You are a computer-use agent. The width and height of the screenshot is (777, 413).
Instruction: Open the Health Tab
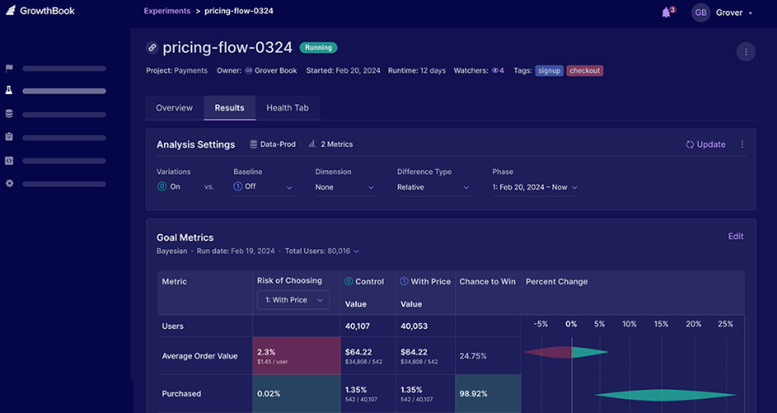coord(287,108)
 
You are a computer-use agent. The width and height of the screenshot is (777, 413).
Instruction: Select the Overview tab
coord(174,108)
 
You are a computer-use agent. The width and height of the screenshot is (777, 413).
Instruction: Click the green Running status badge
coord(319,47)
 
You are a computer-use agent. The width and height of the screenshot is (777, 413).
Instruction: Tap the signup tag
coord(549,71)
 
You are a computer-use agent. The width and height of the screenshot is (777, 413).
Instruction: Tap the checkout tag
coord(584,71)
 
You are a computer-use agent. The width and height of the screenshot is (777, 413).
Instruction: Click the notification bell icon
coord(666,12)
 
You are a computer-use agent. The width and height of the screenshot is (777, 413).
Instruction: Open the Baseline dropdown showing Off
coord(263,187)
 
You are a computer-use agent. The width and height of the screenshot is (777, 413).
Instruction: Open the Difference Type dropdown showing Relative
coord(433,187)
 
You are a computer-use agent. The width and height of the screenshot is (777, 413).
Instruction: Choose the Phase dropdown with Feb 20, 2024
coord(535,187)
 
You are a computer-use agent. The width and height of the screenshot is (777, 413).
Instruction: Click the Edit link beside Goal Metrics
coord(735,236)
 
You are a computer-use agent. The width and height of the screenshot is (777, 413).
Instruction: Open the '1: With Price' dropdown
coord(293,300)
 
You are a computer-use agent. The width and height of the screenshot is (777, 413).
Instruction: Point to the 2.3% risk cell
coord(296,355)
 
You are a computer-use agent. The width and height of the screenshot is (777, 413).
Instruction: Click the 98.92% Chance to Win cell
coord(488,394)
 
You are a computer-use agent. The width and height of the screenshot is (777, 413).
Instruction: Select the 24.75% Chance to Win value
coord(473,356)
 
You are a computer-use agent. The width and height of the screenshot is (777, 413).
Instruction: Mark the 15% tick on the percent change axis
coord(661,324)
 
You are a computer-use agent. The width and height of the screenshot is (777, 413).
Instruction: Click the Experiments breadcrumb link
coord(167,12)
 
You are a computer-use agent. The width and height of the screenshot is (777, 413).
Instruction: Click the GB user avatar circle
coord(701,13)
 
